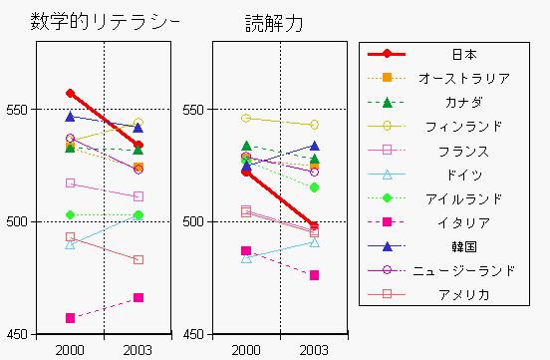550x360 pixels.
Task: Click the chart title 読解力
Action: click(274, 22)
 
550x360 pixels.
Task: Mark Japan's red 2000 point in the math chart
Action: click(70, 93)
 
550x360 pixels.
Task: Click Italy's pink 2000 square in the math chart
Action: click(70, 318)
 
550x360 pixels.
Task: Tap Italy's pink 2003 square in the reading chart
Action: click(315, 275)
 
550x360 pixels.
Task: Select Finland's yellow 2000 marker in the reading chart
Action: click(246, 118)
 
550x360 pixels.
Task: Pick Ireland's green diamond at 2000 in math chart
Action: click(70, 214)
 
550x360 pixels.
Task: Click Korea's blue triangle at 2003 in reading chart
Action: click(315, 146)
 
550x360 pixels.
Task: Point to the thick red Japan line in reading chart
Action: click(281, 198)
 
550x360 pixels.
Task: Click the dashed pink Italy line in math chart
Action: click(104, 308)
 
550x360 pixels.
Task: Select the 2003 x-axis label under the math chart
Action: click(138, 349)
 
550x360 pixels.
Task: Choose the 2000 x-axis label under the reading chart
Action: click(246, 349)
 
